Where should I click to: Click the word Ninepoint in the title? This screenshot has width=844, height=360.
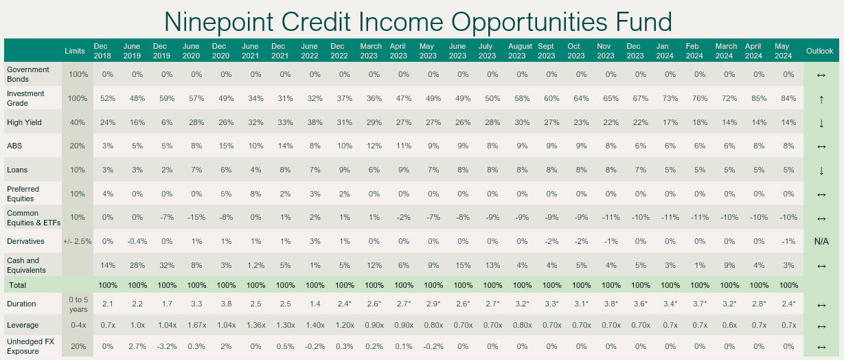(219, 22)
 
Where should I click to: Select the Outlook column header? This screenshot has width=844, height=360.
(819, 51)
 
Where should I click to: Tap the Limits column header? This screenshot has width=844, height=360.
(75, 51)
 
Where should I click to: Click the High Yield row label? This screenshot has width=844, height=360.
(24, 122)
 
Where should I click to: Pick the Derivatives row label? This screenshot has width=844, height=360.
(25, 241)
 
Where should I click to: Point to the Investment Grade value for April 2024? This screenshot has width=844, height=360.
(759, 98)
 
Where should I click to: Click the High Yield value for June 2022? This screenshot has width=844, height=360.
(315, 122)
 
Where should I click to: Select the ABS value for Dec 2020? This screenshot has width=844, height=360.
(226, 146)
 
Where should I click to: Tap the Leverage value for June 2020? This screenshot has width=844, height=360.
(196, 325)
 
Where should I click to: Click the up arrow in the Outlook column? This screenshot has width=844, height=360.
(821, 100)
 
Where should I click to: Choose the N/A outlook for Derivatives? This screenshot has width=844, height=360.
(821, 241)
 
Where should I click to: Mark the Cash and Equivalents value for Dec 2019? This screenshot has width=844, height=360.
(167, 265)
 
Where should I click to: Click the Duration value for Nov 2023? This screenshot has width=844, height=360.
(611, 304)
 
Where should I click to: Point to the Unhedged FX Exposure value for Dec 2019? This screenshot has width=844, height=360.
(167, 346)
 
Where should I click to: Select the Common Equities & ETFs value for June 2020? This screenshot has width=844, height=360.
(196, 218)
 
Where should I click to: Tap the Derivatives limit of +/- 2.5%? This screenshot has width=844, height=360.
(77, 241)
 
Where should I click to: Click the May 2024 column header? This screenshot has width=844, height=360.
(783, 51)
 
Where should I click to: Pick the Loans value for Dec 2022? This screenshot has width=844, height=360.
(344, 170)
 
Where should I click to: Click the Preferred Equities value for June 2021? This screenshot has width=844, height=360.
(255, 194)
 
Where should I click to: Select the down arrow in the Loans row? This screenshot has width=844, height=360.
(821, 171)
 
